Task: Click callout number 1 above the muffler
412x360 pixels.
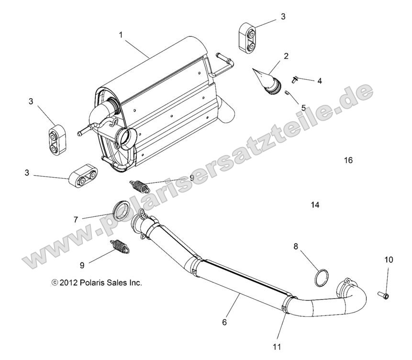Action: tap(121, 35)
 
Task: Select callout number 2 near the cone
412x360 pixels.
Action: tap(286, 56)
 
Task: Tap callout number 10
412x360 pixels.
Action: tap(388, 260)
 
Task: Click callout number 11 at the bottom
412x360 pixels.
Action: tap(277, 345)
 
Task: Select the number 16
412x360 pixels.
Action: tap(348, 160)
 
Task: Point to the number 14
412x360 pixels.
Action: tap(314, 205)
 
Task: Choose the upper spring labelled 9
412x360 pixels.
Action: tap(141, 184)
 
